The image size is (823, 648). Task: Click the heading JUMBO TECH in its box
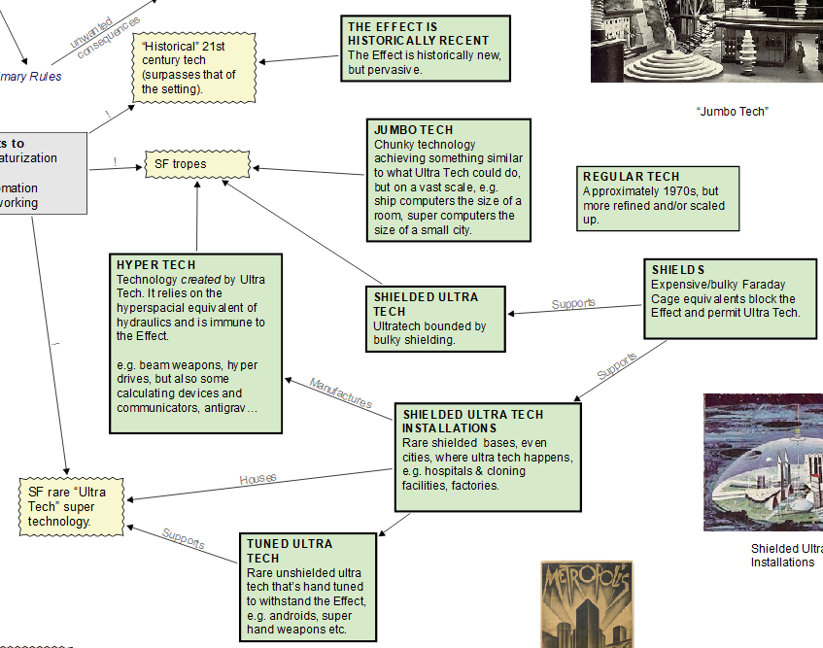[413, 129]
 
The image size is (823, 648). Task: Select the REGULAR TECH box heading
[632, 176]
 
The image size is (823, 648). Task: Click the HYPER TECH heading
[155, 264]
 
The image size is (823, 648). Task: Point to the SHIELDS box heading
[678, 269]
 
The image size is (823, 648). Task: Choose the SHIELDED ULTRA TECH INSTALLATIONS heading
[472, 421]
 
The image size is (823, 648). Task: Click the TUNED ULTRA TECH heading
[290, 551]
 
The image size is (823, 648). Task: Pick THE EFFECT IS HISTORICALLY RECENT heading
[419, 34]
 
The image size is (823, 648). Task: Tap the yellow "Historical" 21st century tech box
[195, 67]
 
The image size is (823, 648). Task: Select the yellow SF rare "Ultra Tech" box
[74, 506]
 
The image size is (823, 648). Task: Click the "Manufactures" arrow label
[340, 392]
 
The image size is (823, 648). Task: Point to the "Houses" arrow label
[258, 479]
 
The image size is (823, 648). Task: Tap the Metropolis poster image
[586, 603]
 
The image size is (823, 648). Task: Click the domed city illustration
[763, 461]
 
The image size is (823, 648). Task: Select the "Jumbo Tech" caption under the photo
[732, 112]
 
